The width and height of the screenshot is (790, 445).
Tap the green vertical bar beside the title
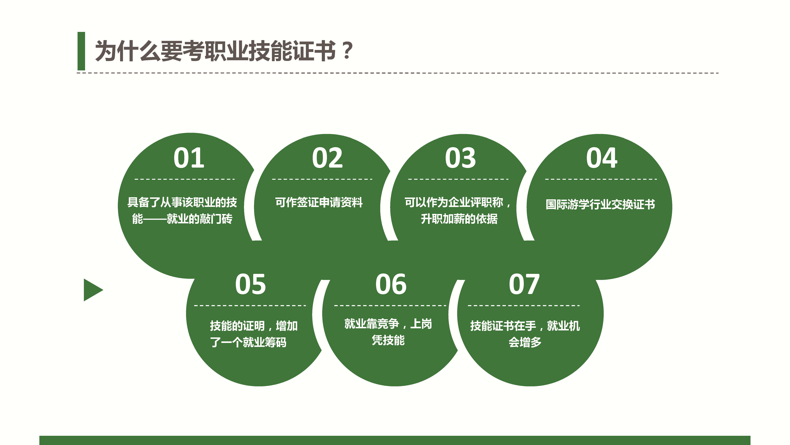[81, 51]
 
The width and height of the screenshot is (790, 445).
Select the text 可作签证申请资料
[319, 202]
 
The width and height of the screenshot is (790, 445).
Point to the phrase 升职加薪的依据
[459, 219]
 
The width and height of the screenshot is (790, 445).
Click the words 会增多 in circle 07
[525, 342]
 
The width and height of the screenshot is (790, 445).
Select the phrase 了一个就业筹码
[248, 342]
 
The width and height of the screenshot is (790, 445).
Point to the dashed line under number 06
[390, 306]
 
